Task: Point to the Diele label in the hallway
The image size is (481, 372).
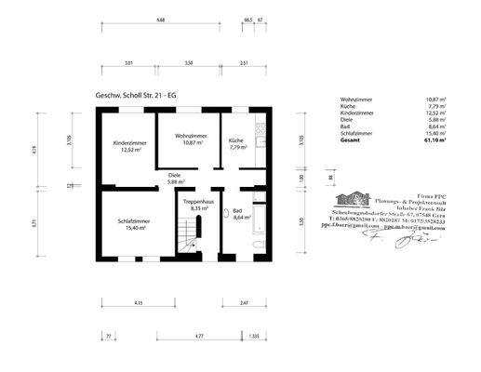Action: point(174,175)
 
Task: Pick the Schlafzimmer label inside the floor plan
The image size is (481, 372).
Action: point(134,220)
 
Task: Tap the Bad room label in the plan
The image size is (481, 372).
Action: point(238,211)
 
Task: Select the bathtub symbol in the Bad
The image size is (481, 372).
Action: point(261,217)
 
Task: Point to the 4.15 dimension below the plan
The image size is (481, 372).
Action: point(138,303)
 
